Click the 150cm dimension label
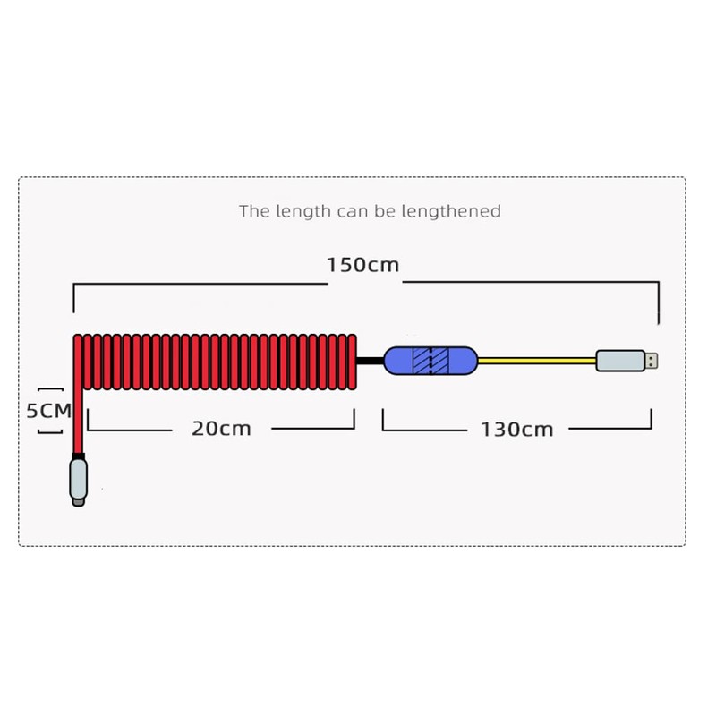362,266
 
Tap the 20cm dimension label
221,429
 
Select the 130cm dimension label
516,430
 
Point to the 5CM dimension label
47,411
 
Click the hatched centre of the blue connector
430,361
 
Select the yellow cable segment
537,361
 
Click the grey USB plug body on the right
620,361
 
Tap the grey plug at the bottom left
79,483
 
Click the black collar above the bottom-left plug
79,457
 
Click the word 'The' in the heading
254,211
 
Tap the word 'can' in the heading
352,211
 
